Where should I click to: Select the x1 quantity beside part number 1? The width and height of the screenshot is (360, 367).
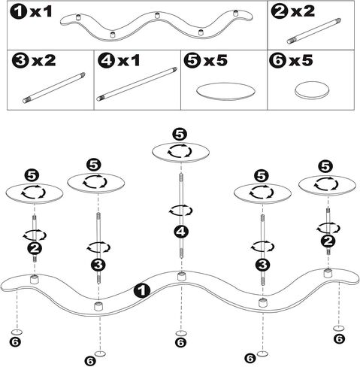pyautogui.click(x=41, y=12)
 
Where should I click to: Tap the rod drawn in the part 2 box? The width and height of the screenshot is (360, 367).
pyautogui.click(x=314, y=31)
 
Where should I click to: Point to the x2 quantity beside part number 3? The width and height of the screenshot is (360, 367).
pyautogui.click(x=44, y=61)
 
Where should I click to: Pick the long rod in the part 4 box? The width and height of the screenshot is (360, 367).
pyautogui.click(x=137, y=84)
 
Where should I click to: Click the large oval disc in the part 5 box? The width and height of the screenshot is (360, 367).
pyautogui.click(x=225, y=91)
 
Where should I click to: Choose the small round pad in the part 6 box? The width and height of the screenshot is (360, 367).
pyautogui.click(x=312, y=91)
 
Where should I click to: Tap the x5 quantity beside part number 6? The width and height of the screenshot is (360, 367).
pyautogui.click(x=301, y=61)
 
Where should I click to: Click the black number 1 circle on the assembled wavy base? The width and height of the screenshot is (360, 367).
pyautogui.click(x=142, y=291)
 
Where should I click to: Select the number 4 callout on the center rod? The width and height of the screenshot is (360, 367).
pyautogui.click(x=181, y=232)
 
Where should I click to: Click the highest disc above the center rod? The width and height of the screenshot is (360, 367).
pyautogui.click(x=181, y=152)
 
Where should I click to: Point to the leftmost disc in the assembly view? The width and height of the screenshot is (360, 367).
pyautogui.click(x=34, y=193)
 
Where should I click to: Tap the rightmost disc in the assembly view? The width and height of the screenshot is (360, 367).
pyautogui.click(x=327, y=185)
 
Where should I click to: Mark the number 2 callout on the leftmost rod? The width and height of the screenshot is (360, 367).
pyautogui.click(x=35, y=248)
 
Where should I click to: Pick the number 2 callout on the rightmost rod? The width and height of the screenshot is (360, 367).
pyautogui.click(x=328, y=241)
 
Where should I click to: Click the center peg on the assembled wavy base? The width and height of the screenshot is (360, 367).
pyautogui.click(x=183, y=277)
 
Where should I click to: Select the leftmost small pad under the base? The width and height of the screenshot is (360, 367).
pyautogui.click(x=17, y=332)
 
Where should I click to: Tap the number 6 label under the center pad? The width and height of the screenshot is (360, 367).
pyautogui.click(x=181, y=342)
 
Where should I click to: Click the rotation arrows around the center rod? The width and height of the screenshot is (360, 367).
pyautogui.click(x=180, y=211)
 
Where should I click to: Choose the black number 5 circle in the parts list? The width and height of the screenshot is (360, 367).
pyautogui.click(x=192, y=61)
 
